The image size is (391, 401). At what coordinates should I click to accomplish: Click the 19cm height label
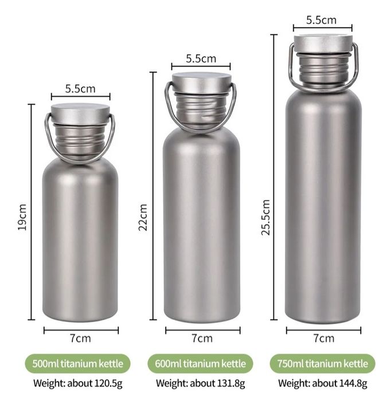[22, 217]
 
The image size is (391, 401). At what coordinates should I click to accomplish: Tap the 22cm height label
[143, 217]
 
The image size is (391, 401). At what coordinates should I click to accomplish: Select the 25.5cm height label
[265, 217]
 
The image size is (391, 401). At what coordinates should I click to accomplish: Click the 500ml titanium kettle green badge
[77, 363]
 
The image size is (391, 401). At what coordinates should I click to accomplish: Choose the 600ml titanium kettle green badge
[200, 363]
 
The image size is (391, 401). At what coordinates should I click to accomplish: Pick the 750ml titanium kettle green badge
[322, 363]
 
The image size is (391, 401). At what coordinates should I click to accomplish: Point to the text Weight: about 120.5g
[78, 383]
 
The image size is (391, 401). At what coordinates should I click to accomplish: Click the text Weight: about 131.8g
[200, 383]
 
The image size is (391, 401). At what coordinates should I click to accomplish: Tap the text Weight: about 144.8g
[323, 383]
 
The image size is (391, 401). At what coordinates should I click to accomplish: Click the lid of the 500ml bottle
[80, 114]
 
